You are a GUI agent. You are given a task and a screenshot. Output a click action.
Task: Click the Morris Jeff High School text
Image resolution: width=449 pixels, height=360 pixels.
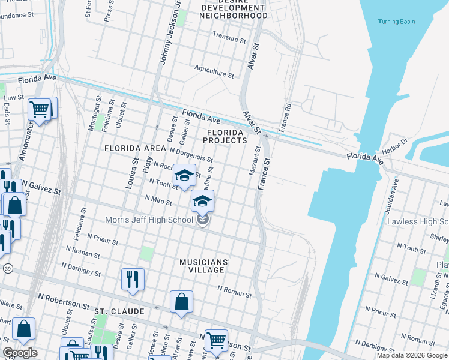coord(149,220)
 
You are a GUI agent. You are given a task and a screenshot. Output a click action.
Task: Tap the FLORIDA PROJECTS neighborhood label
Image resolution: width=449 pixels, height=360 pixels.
coord(224,136)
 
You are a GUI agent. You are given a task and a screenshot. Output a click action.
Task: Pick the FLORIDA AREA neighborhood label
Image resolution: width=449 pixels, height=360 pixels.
coord(134,148)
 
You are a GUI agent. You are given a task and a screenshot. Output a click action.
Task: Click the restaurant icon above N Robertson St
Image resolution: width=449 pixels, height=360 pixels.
coord(133,279)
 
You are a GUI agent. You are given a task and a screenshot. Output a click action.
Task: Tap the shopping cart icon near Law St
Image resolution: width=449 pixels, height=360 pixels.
coord(39,110)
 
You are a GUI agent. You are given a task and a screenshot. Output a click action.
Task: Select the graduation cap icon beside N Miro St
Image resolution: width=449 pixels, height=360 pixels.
coord(203,201)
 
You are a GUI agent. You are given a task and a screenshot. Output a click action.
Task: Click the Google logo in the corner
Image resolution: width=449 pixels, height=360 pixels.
coord(20,353)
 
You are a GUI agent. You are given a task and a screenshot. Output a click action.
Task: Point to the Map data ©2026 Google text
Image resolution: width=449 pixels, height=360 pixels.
coord(412,355)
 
